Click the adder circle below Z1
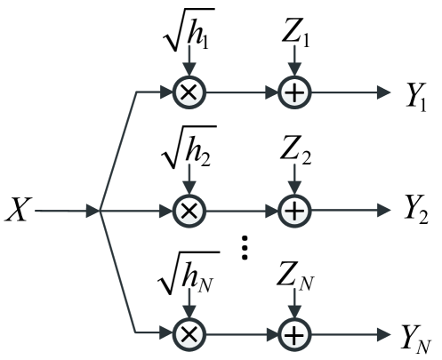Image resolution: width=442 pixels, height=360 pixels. (x=293, y=92)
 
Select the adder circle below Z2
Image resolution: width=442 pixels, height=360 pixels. (x=293, y=212)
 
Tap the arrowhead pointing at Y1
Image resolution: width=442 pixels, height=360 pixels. (x=383, y=92)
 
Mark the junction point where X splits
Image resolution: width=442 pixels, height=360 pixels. (x=100, y=212)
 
